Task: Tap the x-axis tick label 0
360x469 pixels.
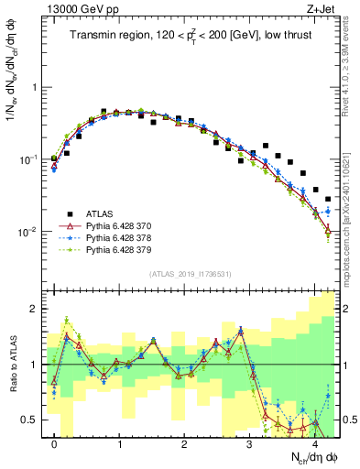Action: click(54, 443)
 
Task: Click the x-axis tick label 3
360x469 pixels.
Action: click(249, 443)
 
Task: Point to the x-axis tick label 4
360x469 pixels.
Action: click(314, 443)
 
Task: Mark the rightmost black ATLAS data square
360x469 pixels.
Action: click(327, 199)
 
